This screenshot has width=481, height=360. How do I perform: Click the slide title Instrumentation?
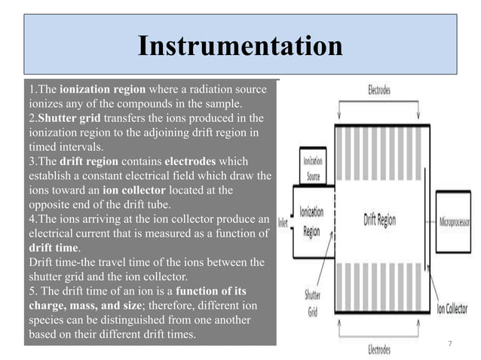(x=240, y=47)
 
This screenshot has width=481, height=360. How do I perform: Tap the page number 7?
(x=449, y=343)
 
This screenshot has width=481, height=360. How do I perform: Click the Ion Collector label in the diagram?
(x=455, y=309)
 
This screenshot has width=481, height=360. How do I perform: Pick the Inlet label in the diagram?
(x=283, y=222)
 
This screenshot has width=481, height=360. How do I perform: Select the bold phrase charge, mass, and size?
(x=94, y=305)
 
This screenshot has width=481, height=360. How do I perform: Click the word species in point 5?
(x=47, y=319)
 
